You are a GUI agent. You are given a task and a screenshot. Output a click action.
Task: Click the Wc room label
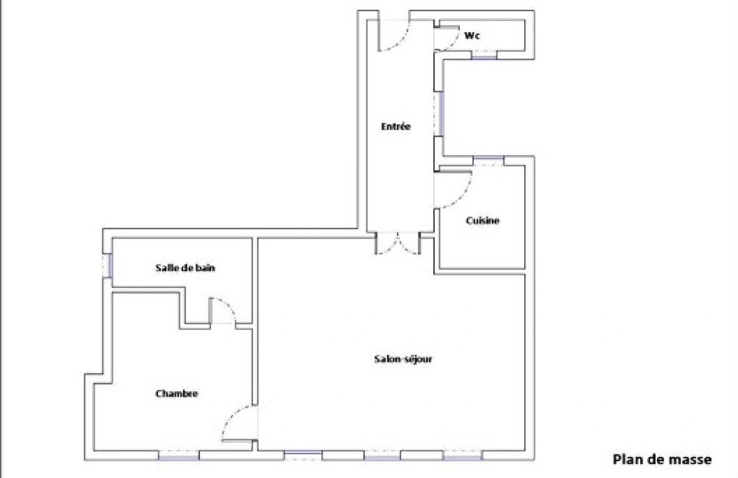tap(472, 35)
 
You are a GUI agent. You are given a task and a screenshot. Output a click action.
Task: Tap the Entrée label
tap(396, 127)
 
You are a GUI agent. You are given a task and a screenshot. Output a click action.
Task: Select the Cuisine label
tap(483, 220)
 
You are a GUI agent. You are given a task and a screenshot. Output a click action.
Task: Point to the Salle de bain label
tap(185, 268)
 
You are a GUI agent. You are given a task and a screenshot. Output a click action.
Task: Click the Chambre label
tap(177, 393)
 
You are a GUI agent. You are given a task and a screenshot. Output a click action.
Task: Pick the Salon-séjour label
tap(403, 359)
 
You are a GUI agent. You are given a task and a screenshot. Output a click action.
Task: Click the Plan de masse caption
tap(662, 459)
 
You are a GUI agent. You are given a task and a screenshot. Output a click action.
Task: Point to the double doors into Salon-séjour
tap(398, 246)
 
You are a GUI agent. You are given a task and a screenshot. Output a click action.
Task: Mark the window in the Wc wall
tap(484, 56)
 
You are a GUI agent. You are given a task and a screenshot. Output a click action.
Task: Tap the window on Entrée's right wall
tap(441, 113)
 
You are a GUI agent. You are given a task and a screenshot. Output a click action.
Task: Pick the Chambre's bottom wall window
tap(179, 455)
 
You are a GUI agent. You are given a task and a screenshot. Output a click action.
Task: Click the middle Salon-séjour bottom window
tap(383, 455)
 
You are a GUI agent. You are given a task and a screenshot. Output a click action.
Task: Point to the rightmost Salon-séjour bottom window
tap(462, 455)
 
